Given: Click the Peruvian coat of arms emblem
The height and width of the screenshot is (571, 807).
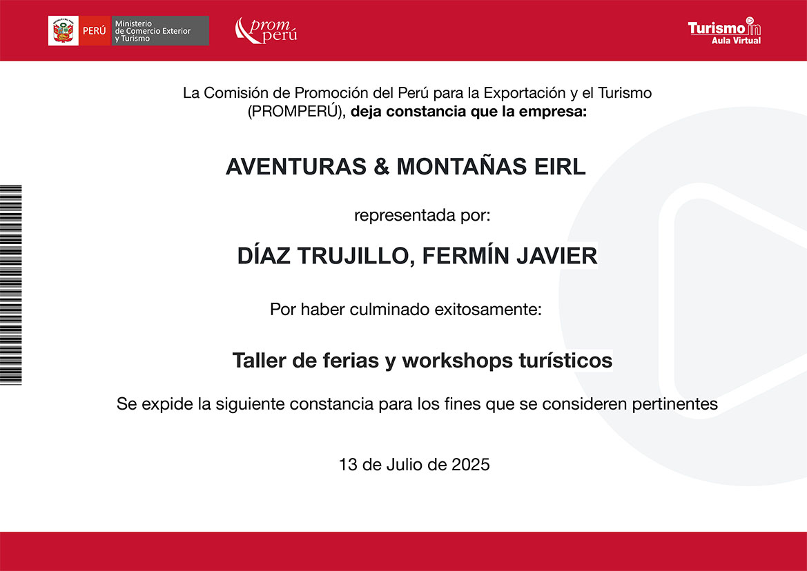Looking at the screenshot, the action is click(64, 31).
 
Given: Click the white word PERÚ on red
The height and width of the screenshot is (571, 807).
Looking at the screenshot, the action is click(94, 31).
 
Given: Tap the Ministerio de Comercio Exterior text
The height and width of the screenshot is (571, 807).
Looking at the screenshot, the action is click(153, 31).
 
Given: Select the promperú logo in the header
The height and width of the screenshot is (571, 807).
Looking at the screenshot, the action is click(266, 31).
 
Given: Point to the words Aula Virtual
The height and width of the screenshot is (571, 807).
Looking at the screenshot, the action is click(736, 41).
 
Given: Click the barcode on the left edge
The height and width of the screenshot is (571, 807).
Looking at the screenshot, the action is click(11, 284).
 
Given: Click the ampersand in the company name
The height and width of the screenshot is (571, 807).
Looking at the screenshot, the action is click(381, 167).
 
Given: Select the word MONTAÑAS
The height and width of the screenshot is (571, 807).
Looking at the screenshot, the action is click(462, 166).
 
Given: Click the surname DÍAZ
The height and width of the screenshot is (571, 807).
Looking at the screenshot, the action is click(264, 255).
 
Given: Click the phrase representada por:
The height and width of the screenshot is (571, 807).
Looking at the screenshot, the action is click(422, 215).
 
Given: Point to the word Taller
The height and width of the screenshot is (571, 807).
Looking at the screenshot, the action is click(260, 360).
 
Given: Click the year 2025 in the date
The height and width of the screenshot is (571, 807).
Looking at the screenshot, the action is click(470, 465).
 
